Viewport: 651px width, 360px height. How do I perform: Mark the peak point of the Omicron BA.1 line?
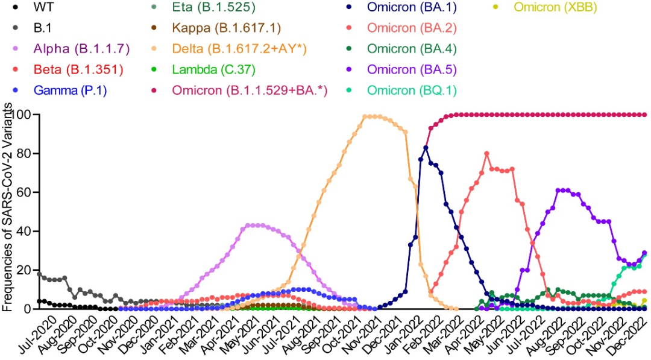pos(426,148)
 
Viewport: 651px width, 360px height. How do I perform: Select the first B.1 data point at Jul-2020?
pos(39,274)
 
